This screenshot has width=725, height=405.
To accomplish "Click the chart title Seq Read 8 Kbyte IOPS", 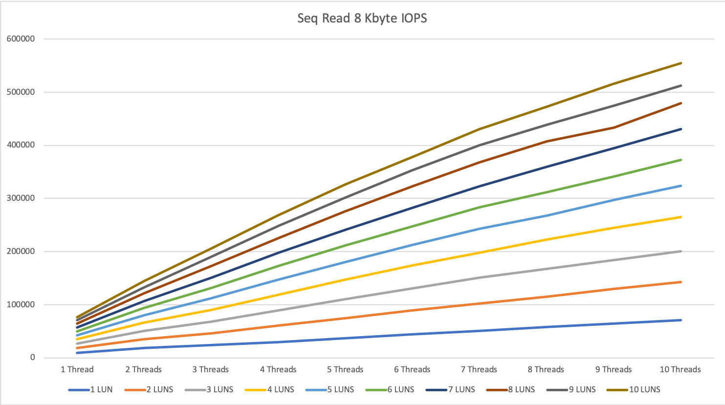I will click(362, 19).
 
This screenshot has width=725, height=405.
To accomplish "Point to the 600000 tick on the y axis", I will click(21, 39).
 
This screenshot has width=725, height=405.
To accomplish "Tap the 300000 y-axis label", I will click(21, 198).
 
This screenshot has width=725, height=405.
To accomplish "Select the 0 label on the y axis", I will click(32, 358).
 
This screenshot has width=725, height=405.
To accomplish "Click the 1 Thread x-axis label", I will click(77, 369).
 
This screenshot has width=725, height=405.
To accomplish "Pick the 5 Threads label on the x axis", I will click(345, 369).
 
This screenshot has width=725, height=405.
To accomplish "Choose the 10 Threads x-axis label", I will click(680, 369).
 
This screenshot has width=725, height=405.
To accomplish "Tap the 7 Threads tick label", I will click(479, 369).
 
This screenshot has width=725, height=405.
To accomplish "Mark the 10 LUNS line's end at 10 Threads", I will click(681, 63).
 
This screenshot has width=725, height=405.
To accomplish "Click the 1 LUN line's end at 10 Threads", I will click(681, 320).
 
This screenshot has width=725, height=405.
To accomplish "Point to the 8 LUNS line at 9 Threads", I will click(614, 128).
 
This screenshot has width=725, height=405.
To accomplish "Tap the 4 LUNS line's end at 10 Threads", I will click(681, 217).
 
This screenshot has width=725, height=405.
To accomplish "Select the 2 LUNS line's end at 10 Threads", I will click(681, 282).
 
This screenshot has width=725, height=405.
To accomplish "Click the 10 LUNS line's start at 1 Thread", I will click(77, 317).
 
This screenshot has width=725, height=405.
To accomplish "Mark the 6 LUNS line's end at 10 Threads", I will click(681, 160).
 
